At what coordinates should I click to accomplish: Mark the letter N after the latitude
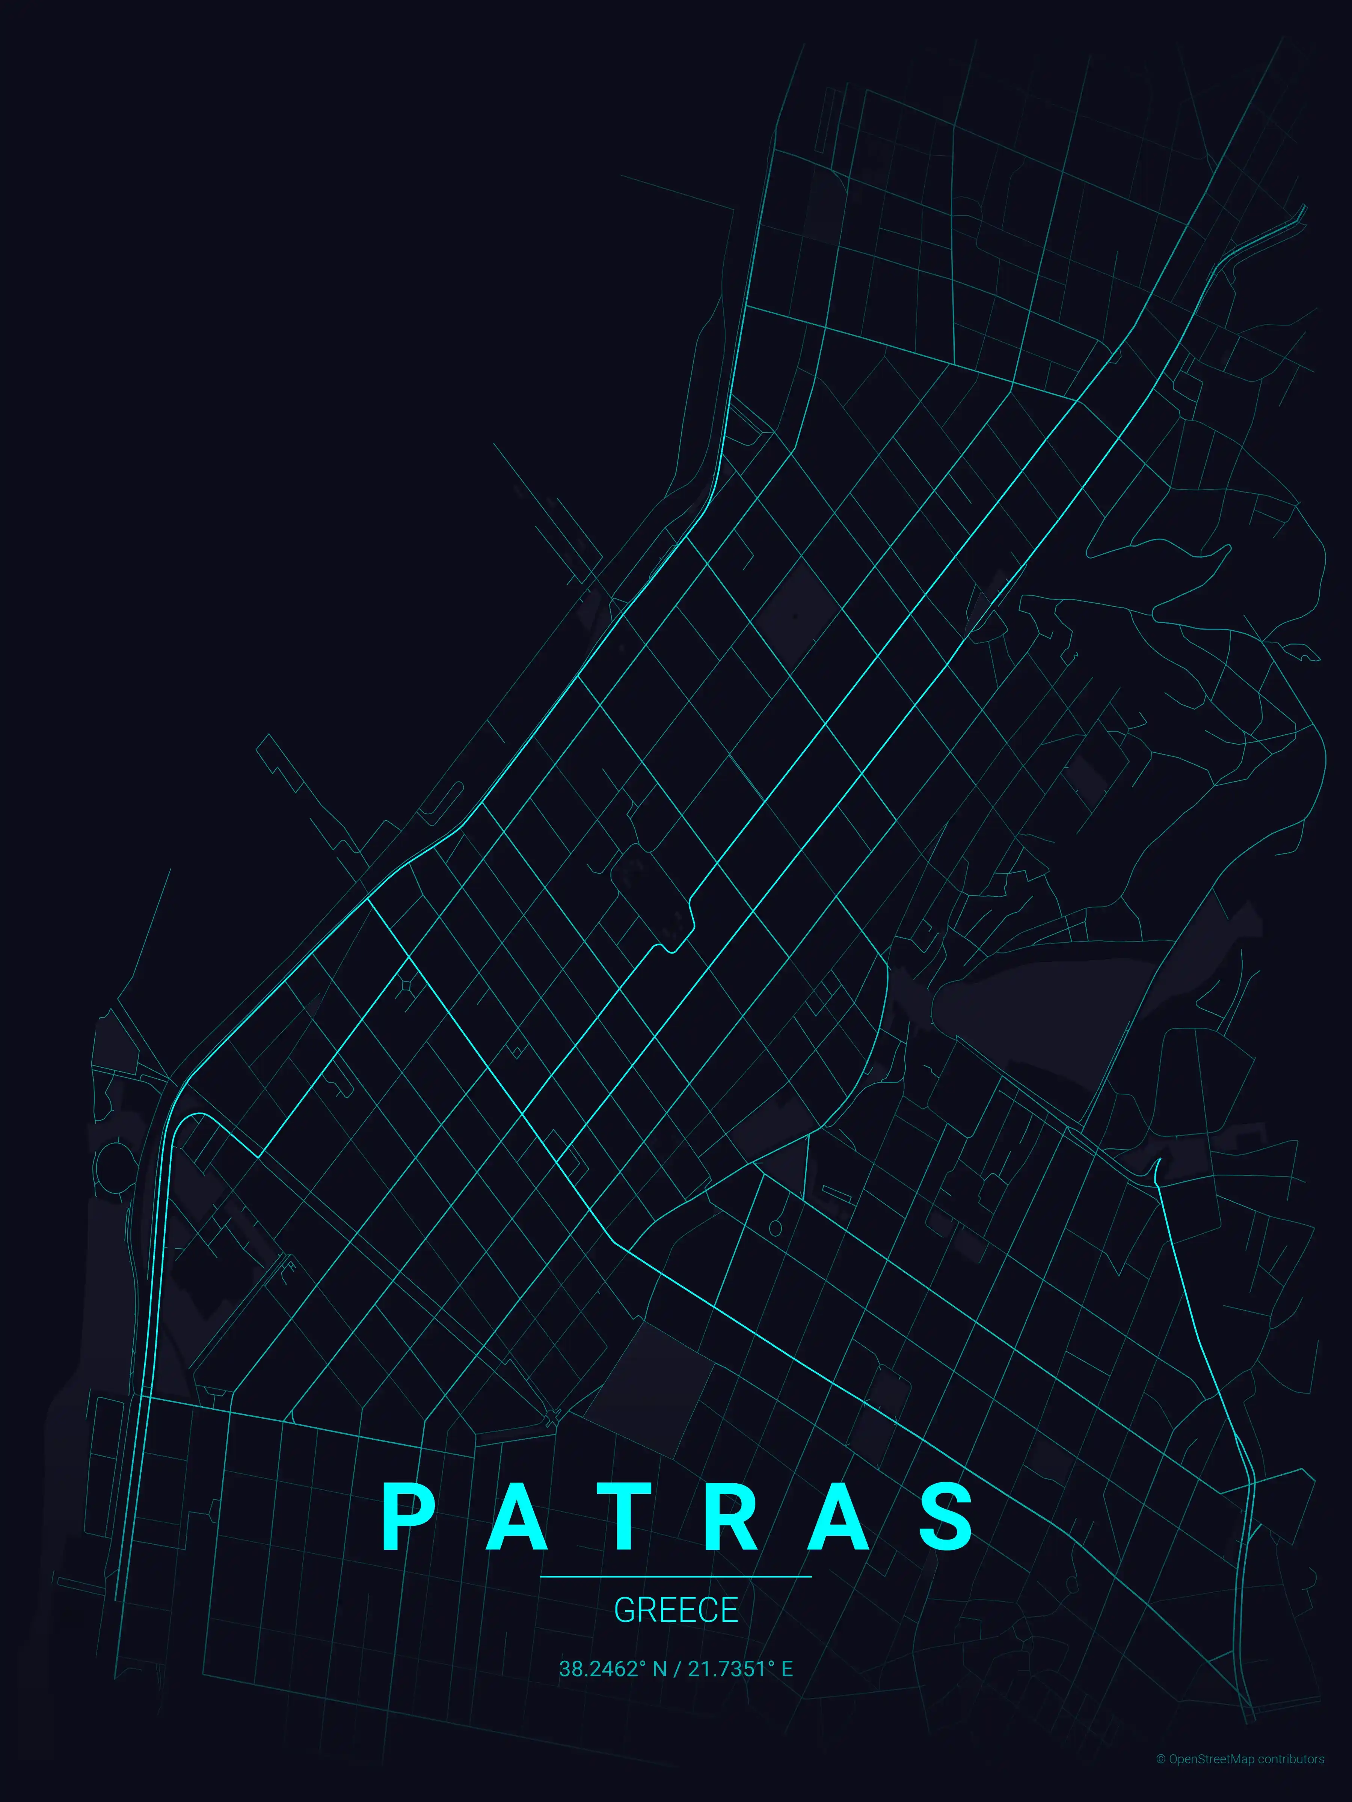coord(659,1669)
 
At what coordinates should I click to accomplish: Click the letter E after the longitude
coord(787,1669)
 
